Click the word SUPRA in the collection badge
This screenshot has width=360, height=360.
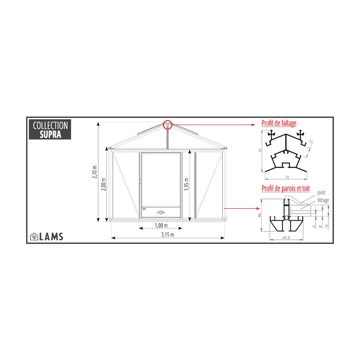(50, 134)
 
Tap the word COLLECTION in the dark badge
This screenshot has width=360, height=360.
(50, 126)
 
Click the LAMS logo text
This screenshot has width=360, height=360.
(51, 236)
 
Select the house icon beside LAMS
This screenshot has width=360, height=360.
(34, 236)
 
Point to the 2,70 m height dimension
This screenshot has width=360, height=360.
(94, 171)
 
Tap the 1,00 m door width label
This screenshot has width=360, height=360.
(161, 225)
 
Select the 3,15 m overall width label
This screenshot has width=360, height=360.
(167, 234)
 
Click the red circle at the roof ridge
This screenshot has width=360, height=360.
(167, 124)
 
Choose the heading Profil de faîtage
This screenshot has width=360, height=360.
(279, 123)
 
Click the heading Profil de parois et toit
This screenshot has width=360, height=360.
(285, 189)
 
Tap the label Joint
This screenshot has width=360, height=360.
(321, 193)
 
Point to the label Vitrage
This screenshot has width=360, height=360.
(323, 199)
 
